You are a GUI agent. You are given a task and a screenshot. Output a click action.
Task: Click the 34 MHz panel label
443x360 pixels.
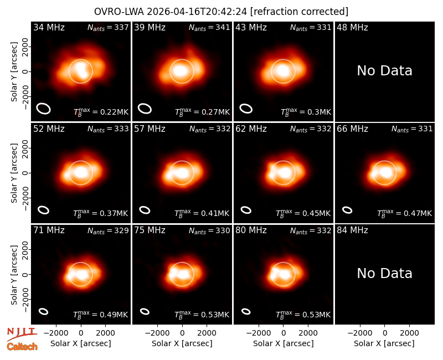pos(49,27)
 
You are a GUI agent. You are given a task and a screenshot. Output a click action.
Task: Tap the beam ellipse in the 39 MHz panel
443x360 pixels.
pos(145,109)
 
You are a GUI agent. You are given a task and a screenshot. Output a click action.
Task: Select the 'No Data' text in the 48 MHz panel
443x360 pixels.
pos(384,71)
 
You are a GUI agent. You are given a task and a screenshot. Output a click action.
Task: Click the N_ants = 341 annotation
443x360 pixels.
pos(209,28)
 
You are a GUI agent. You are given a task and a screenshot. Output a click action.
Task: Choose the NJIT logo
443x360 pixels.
pos(22,334)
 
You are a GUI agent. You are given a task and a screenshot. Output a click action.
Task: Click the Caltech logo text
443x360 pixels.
pos(22,347)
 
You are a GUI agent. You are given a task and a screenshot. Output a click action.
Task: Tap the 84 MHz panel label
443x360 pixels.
pos(352,230)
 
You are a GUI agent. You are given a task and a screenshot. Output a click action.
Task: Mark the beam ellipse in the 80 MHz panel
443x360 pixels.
pos(246,311)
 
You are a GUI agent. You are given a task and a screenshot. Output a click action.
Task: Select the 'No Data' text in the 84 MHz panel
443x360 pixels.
pos(384,274)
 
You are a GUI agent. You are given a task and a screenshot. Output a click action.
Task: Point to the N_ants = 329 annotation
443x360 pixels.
pos(108,230)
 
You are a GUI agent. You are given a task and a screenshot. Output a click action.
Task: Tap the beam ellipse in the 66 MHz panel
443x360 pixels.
pos(347,210)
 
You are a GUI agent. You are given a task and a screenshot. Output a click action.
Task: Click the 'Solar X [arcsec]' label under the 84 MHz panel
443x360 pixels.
pos(384,343)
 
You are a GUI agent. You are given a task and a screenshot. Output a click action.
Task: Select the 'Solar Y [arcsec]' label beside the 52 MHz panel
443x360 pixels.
pos(14,173)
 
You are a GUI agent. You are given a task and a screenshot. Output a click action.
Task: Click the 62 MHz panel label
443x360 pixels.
pos(251,129)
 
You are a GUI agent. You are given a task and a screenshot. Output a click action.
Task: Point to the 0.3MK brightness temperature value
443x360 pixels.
pos(306,112)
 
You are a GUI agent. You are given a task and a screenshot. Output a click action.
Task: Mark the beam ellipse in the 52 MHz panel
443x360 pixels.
pos(44,210)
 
